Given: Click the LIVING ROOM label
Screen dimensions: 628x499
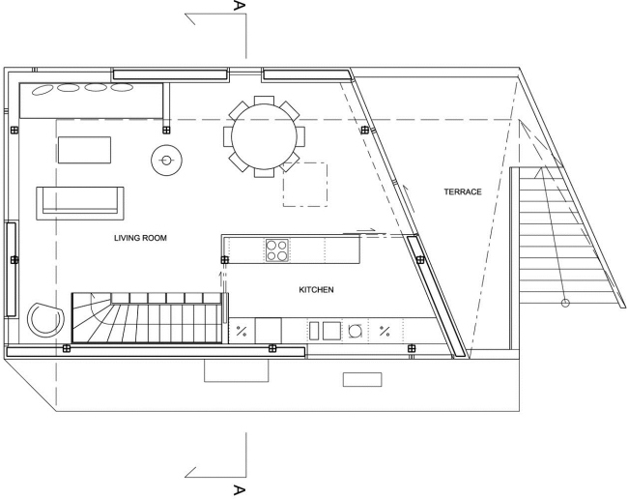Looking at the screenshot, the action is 140,238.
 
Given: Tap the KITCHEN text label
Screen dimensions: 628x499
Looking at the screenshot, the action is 316,289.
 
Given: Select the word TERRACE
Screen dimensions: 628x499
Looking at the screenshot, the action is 463,191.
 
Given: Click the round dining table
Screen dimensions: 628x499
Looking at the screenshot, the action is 264,136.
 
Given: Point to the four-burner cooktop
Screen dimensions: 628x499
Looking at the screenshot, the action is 277,250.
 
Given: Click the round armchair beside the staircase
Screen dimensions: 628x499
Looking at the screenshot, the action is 45,320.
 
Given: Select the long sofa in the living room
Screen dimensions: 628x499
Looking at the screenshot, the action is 80,203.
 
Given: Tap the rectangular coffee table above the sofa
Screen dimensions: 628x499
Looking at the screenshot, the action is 84,150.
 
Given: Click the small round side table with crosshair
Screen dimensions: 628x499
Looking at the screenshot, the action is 166,161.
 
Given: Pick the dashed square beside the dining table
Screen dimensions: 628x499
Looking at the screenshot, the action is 305,185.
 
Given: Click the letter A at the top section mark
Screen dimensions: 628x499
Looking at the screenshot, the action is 239,6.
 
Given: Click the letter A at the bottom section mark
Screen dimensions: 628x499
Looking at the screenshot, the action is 239,489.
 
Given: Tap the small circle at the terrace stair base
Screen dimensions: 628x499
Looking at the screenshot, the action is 565,303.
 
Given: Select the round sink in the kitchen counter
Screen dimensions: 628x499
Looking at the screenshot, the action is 355,331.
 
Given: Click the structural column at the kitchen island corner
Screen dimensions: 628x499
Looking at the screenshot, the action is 225,260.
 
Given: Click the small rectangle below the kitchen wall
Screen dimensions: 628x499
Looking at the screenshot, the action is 362,379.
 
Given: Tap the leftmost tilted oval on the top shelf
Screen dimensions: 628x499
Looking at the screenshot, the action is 43,90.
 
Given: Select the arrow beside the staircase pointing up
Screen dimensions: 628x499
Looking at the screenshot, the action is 220,279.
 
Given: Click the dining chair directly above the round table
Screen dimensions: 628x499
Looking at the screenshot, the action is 264,101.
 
